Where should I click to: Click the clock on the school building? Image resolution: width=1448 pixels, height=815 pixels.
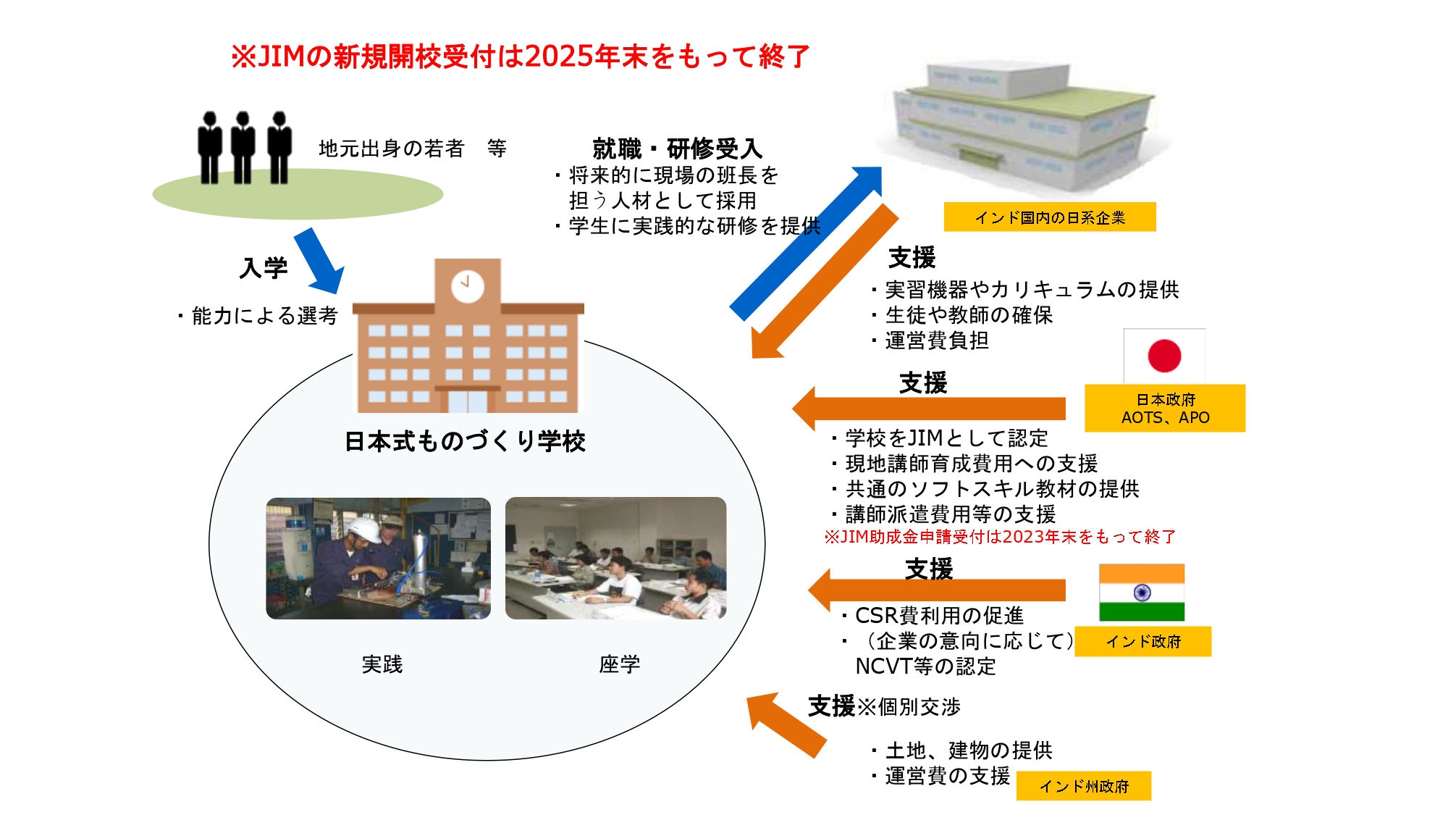pos(468,286)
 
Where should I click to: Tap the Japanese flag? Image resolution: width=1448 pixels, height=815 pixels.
pos(1164,356)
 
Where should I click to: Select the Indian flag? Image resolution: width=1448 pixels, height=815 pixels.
pos(1142,593)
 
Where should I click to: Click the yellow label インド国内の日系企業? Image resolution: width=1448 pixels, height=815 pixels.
pos(1049,217)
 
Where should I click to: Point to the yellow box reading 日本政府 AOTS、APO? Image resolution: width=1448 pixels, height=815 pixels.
pos(1164,409)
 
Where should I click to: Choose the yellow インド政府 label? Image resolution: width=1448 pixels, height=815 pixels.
pos(1142,641)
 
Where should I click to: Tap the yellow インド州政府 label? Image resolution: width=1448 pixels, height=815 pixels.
pos(1083,786)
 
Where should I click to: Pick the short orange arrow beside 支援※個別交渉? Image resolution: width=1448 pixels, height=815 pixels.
pos(786,724)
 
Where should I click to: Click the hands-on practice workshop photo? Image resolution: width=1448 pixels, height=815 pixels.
pos(378,558)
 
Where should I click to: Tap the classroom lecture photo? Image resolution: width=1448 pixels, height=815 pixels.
pos(615,558)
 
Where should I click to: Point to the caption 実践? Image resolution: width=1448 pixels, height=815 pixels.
pos(382,664)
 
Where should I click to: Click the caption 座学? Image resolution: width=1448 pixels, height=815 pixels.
pos(619,664)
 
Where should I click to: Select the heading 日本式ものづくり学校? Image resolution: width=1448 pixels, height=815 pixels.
pos(465,441)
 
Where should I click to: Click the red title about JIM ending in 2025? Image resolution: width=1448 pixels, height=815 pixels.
pos(520,57)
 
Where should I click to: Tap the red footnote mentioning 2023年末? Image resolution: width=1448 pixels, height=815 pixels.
pos(999,537)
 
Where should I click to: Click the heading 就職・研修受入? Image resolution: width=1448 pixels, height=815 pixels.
pos(677,149)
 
